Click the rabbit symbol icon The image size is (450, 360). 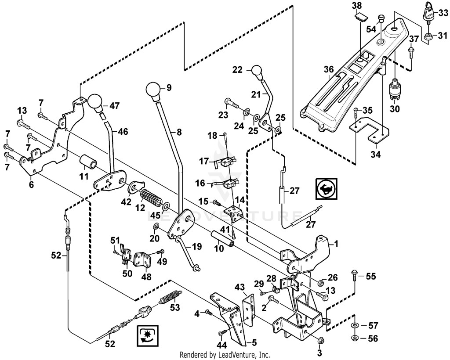coord(327,188)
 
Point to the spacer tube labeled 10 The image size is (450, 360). coord(223,237)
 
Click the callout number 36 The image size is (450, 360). coord(329,69)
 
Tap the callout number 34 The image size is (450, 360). coord(376,155)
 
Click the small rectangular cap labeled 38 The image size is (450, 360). coord(359,17)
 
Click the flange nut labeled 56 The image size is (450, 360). coord(355,338)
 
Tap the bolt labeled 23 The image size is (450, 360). coord(231,104)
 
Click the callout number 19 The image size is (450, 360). coord(197,246)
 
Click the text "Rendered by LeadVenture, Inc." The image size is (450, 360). coord(225,355)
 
